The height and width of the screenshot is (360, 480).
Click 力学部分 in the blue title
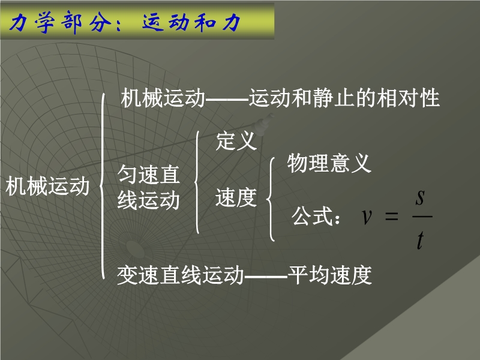click(x=61, y=22)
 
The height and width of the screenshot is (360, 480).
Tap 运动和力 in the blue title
click(x=191, y=22)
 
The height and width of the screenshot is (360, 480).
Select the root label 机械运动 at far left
click(x=47, y=186)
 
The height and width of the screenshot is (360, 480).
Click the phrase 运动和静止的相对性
click(x=344, y=98)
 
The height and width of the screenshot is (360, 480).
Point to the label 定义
click(x=236, y=141)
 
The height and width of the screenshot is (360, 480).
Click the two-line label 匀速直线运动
click(x=148, y=187)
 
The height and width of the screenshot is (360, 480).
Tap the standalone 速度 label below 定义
click(x=236, y=197)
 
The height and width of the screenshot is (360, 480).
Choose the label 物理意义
click(x=329, y=163)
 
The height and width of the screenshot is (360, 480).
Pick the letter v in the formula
click(x=367, y=217)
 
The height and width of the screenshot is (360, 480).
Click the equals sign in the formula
click(x=392, y=217)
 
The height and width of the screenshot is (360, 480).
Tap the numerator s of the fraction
click(x=421, y=198)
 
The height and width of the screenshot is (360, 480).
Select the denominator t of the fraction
click(x=421, y=240)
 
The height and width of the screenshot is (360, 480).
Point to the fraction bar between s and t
click(x=422, y=217)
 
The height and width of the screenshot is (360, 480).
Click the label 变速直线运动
click(x=181, y=275)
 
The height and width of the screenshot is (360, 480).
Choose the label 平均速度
click(x=329, y=275)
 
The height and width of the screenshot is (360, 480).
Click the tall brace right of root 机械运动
click(x=102, y=186)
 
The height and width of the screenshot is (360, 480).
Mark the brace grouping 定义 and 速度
click(x=197, y=182)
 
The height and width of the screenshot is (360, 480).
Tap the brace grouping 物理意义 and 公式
click(x=271, y=199)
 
